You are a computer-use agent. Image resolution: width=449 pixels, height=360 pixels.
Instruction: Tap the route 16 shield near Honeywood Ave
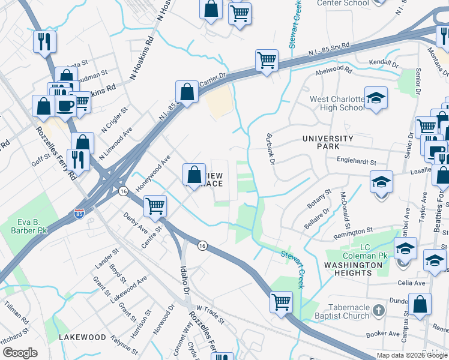[x=123, y=191]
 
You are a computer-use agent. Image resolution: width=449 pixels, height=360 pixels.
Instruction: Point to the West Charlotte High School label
[x=337, y=103]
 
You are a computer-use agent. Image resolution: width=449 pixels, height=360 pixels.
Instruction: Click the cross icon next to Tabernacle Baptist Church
[x=378, y=310]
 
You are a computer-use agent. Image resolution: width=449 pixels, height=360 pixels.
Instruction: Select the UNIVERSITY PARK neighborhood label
[x=329, y=142]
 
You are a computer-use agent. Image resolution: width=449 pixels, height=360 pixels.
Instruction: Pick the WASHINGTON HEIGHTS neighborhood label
[x=357, y=269]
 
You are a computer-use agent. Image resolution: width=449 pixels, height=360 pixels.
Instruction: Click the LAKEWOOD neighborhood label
[x=82, y=338]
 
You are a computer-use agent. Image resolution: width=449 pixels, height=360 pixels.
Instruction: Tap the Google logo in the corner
[x=20, y=353]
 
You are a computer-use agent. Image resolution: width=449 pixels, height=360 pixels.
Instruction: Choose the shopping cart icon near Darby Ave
[x=155, y=206]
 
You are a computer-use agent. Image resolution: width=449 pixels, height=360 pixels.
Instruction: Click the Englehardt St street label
[x=356, y=162]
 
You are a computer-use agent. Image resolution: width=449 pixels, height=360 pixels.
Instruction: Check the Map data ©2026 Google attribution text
[x=411, y=355]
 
